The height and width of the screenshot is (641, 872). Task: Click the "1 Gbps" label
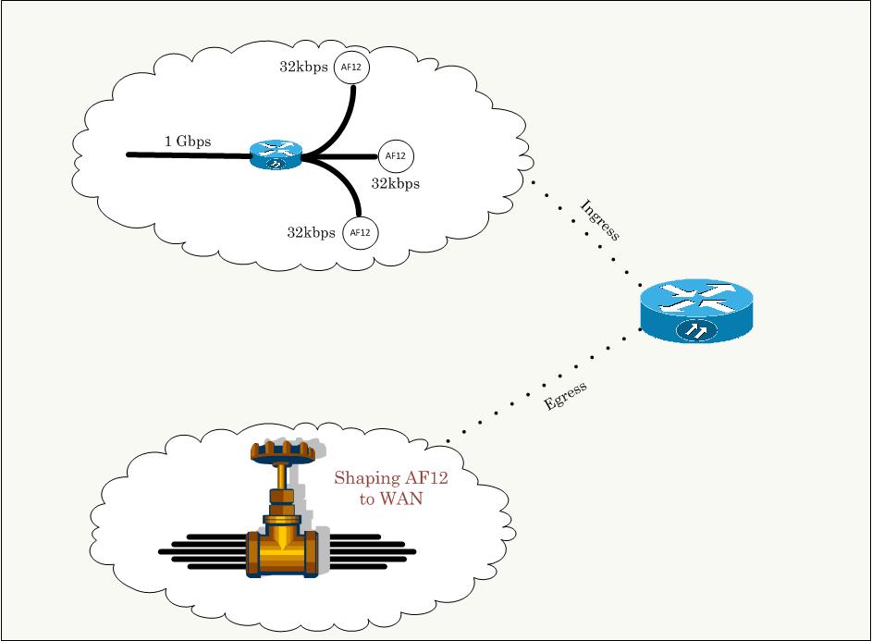[188, 142]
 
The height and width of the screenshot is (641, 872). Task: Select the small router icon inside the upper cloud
[276, 154]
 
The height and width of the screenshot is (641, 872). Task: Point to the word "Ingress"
[599, 220]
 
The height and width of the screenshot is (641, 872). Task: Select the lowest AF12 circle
[361, 232]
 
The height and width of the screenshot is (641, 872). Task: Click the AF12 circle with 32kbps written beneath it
[395, 155]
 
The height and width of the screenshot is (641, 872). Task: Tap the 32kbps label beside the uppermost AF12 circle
[303, 68]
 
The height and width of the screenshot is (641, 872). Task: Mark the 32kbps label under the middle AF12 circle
[395, 183]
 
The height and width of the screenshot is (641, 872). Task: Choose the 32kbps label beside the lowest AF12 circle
[311, 232]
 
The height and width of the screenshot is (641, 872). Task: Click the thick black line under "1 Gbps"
[185, 155]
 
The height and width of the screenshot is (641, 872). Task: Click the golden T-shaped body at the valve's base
[282, 551]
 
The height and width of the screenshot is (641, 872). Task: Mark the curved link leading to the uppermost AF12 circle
[345, 120]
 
